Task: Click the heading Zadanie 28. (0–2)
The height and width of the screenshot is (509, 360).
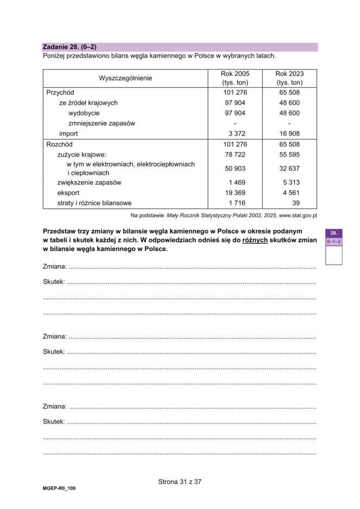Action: click(x=69, y=47)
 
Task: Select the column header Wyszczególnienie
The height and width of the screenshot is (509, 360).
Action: click(x=125, y=78)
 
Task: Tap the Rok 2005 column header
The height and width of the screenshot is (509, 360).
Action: click(x=235, y=78)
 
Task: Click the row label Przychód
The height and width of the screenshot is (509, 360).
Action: click(x=60, y=93)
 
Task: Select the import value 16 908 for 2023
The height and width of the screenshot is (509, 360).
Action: click(x=290, y=134)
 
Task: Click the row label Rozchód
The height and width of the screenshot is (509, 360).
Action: click(x=60, y=145)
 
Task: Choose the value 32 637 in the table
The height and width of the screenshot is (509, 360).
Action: click(x=290, y=169)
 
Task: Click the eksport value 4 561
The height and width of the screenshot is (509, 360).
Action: click(x=290, y=192)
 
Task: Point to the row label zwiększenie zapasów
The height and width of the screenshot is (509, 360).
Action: click(x=89, y=182)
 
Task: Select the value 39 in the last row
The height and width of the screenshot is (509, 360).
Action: click(x=295, y=203)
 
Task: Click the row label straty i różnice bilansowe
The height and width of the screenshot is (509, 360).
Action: click(x=94, y=203)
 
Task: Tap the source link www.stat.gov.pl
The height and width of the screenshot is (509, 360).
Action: click(x=298, y=215)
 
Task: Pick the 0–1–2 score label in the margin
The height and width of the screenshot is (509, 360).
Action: click(x=333, y=242)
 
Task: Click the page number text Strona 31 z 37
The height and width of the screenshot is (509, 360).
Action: click(x=179, y=481)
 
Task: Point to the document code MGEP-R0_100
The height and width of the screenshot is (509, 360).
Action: click(x=59, y=488)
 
